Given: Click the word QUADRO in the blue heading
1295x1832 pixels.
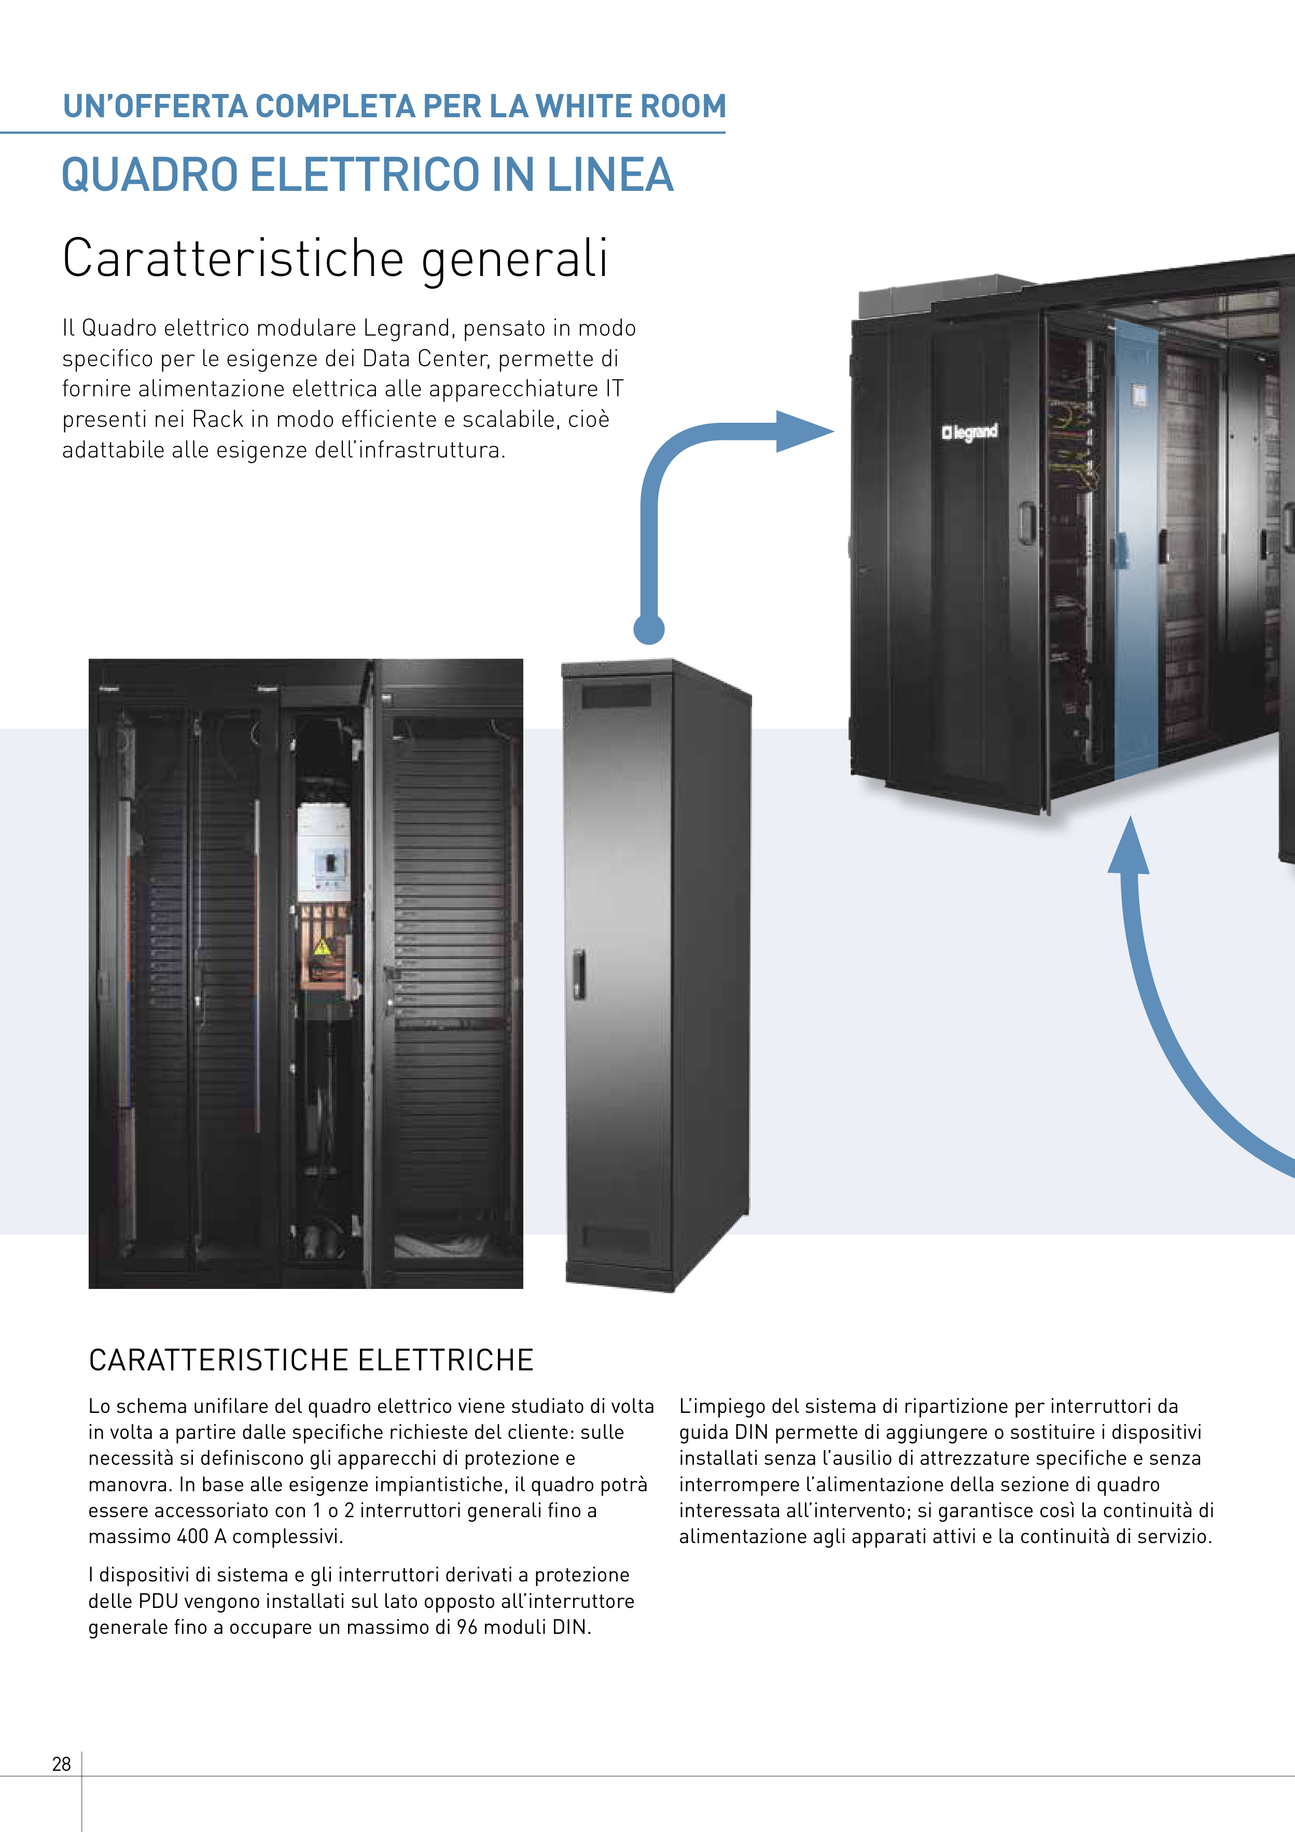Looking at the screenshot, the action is (150, 175).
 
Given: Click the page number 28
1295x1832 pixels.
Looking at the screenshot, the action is (61, 1764).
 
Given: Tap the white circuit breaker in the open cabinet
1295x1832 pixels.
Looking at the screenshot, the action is (324, 853).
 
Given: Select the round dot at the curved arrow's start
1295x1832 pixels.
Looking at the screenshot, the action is (649, 629).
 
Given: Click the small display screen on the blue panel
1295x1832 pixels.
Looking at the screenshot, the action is (1138, 394).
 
